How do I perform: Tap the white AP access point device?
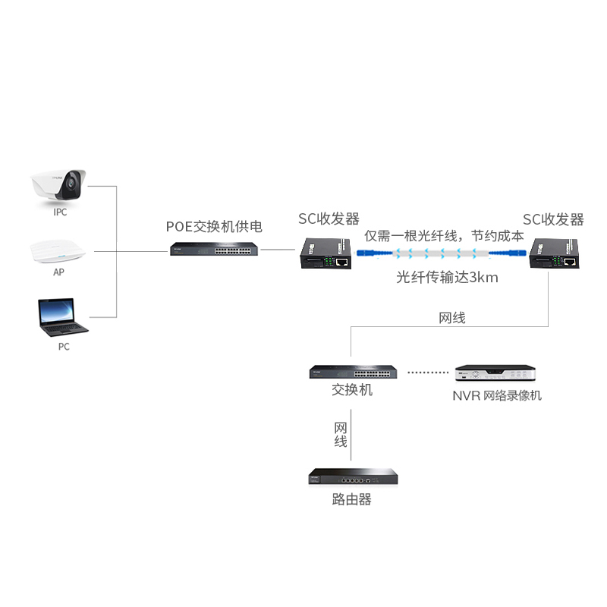[x=59, y=251]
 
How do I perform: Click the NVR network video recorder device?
[x=496, y=374]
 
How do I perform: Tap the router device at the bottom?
[x=353, y=478]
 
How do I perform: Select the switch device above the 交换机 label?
[x=353, y=372]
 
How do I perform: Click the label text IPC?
[x=60, y=212]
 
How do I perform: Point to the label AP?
[x=58, y=272]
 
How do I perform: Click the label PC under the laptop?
[x=64, y=347]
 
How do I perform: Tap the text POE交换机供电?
[x=215, y=226]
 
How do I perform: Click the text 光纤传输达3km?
[x=447, y=277]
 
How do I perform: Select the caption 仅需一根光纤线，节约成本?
[x=444, y=235]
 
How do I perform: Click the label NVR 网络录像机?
[x=497, y=395]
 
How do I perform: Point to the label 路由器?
[x=352, y=499]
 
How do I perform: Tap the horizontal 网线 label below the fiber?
[x=452, y=318]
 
